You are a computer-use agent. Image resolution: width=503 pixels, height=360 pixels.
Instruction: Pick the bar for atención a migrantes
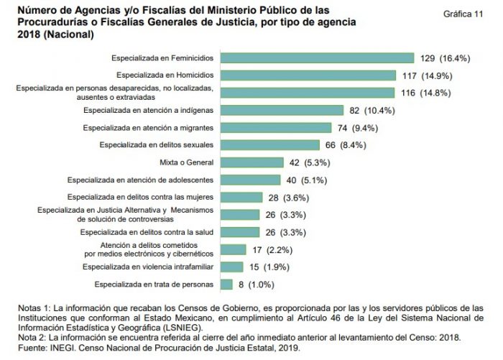[274, 127]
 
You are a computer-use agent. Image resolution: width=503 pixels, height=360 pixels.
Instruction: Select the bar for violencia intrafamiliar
[230, 267]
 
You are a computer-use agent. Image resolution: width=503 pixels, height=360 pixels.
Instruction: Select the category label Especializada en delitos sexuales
[159, 145]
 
